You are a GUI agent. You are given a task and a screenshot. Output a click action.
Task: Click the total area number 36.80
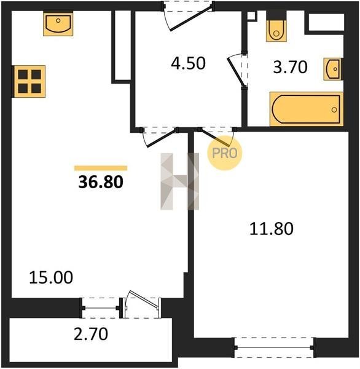coord(101,182)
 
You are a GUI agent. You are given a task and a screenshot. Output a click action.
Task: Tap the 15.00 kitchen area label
coord(51,277)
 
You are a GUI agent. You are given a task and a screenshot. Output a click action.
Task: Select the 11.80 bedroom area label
coord(272,229)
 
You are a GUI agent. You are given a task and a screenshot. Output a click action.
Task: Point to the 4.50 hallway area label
coord(188,63)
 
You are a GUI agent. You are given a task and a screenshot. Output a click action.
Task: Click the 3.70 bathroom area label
coord(290,67)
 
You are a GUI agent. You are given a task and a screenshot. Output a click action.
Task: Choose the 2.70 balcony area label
coord(91,334)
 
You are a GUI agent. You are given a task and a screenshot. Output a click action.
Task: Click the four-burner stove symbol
coord(29,81)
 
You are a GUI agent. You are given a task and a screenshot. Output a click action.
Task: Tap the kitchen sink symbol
coord(58,24)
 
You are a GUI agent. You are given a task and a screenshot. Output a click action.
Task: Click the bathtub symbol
coord(307,109)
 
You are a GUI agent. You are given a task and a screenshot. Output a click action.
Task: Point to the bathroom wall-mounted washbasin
coord(333,69)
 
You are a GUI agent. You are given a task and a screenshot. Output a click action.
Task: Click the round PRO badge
coord(225,153)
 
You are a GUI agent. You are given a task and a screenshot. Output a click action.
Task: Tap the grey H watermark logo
coord(180,181)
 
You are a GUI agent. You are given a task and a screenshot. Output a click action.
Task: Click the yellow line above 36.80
coord(101,168)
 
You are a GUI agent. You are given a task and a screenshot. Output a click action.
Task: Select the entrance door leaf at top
coord(191,18)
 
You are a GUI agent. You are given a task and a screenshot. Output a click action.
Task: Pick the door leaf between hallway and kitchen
coord(162,138)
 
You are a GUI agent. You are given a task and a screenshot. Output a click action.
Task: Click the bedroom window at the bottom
coord(273,347)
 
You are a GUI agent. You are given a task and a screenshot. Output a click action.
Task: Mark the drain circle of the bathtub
coord(334,109)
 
